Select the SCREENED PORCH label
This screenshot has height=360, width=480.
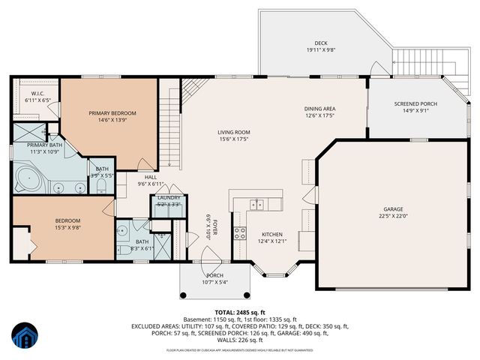tap(415, 103)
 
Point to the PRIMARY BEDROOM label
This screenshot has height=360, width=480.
tap(112, 113)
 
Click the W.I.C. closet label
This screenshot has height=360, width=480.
tap(36, 93)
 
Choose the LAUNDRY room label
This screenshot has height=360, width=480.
tap(169, 197)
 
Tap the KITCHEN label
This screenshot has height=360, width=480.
tap(273, 233)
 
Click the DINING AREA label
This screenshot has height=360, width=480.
tap(319, 108)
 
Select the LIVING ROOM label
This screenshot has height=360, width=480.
tap(234, 132)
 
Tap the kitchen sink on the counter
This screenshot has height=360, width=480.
tap(258, 203)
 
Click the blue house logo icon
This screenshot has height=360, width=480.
tap(25, 335)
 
